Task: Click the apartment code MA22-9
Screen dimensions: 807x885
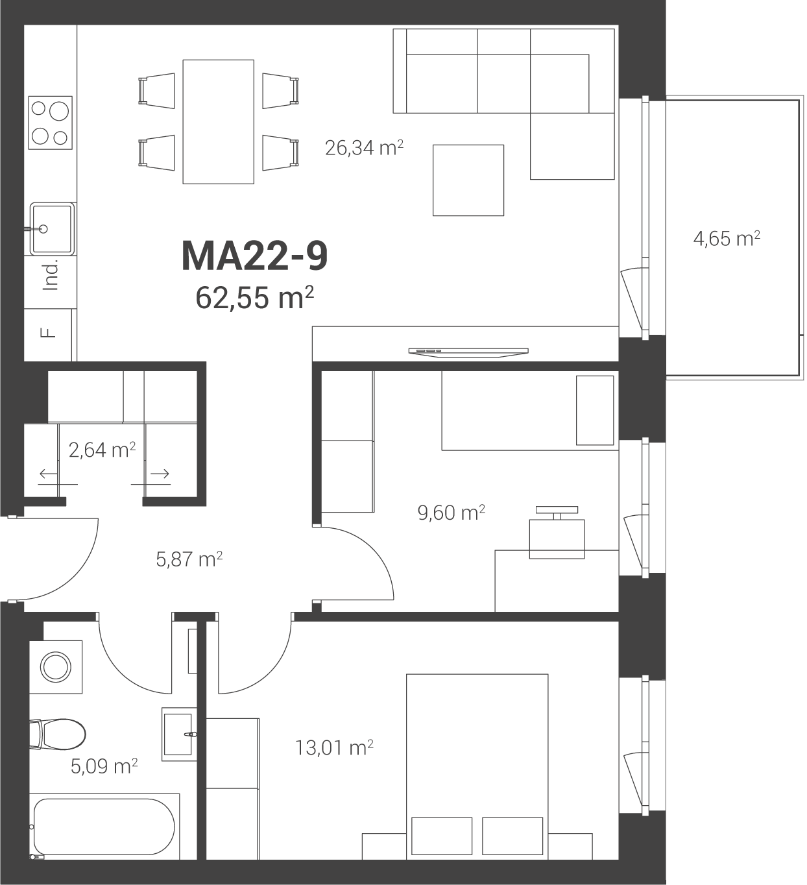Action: tap(254, 256)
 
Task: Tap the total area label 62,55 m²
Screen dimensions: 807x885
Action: tap(254, 297)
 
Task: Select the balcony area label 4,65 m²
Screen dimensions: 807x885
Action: tap(727, 239)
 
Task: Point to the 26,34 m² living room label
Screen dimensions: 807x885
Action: tap(364, 148)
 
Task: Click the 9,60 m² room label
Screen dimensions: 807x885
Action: tap(452, 513)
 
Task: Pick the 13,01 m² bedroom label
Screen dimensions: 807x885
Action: tap(334, 748)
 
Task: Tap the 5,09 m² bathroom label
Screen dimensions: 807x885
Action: tap(104, 766)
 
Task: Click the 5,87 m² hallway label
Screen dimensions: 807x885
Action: tap(189, 559)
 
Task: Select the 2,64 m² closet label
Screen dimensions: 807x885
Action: tap(102, 450)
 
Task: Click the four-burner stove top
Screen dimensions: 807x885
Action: tap(51, 123)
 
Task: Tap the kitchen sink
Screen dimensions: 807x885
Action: tap(52, 229)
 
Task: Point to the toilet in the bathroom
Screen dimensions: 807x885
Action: tap(58, 734)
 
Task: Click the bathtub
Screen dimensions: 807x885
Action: tap(104, 827)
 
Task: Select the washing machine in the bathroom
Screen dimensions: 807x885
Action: tap(56, 667)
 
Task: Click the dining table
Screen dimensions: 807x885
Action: tap(219, 122)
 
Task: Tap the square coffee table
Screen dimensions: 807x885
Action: tap(468, 180)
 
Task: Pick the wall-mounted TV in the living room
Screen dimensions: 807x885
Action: tap(468, 352)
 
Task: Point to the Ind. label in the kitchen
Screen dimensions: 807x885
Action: tap(51, 275)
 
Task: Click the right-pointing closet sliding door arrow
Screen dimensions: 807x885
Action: tap(160, 474)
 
